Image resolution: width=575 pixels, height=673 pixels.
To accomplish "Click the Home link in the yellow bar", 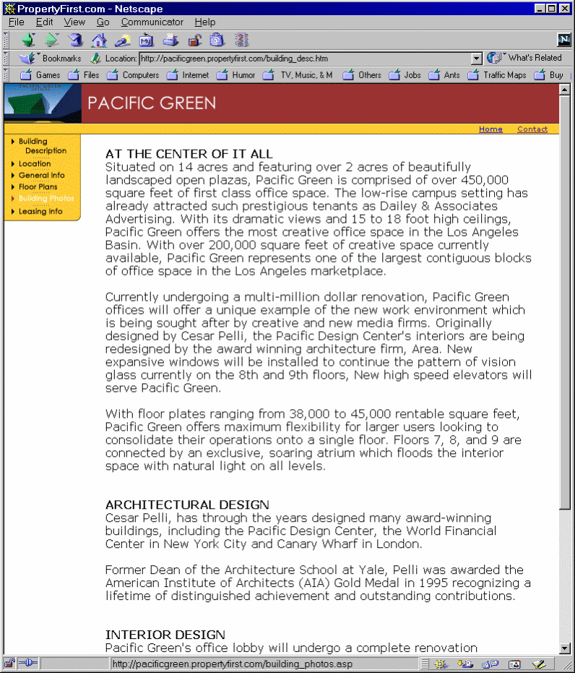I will click(490, 129).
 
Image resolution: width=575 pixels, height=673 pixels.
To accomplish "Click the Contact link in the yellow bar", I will click(532, 129).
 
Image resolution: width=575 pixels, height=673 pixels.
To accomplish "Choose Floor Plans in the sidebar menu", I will click(38, 187).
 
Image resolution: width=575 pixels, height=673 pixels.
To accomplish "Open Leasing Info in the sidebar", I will click(40, 211).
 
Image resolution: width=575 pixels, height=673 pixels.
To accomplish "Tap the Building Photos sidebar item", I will click(46, 198).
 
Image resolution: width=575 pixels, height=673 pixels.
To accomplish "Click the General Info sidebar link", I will click(42, 175).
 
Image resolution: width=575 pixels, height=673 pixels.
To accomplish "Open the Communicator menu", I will click(152, 22).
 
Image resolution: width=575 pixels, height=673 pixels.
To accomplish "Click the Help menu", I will click(205, 22).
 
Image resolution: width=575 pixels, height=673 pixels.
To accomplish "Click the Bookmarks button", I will click(53, 58).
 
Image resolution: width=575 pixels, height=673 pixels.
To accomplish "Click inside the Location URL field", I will click(303, 59).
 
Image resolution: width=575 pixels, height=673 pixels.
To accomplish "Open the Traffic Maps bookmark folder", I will click(504, 75).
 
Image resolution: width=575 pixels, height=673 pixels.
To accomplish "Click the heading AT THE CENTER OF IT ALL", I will click(189, 154).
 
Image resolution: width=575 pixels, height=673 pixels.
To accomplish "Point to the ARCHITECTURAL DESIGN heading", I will click(187, 505).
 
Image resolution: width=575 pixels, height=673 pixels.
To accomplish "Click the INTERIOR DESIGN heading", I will click(165, 635).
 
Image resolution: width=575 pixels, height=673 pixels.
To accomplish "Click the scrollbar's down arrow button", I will click(565, 649).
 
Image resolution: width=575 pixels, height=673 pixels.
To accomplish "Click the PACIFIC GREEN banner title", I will click(152, 103).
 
